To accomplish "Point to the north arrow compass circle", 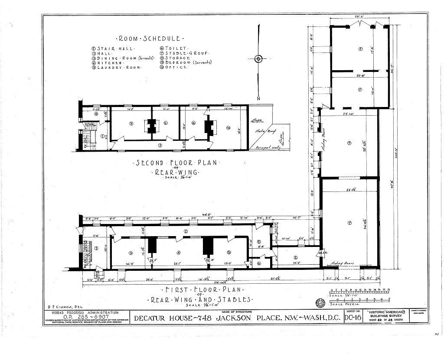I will [x=258, y=59].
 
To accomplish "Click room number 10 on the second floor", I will [x=228, y=128].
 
